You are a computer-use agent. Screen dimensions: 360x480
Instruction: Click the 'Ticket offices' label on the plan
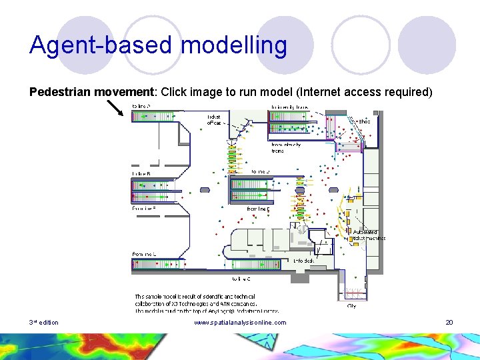(214, 119)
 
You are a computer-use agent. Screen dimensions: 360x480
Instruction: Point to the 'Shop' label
(363, 121)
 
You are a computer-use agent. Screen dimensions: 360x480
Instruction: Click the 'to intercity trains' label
(289, 107)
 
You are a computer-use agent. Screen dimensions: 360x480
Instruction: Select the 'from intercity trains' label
(286, 147)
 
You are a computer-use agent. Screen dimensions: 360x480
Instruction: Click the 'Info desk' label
(303, 261)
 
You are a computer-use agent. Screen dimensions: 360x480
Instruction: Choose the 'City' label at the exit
(351, 306)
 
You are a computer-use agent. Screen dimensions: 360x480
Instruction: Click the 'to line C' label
(241, 279)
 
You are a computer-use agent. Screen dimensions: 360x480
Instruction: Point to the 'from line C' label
(144, 254)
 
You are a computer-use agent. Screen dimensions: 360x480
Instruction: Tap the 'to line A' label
(141, 107)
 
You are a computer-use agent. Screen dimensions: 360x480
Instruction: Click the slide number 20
(449, 323)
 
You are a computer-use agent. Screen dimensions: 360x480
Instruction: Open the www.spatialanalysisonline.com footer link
(240, 323)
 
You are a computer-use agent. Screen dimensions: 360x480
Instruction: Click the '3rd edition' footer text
(44, 323)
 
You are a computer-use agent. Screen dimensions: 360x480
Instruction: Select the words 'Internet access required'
(377, 92)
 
